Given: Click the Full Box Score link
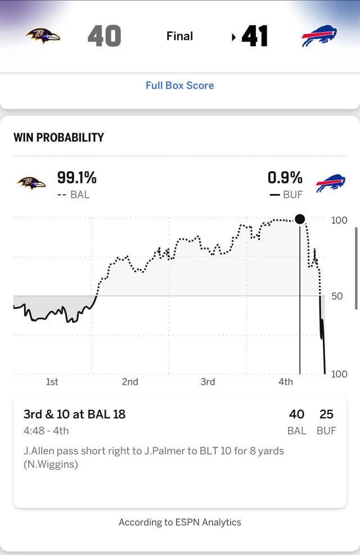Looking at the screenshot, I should [179, 85].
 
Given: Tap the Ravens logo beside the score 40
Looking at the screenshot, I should [43, 37].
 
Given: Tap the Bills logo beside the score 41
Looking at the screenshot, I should [319, 37].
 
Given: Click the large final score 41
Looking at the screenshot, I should [254, 37].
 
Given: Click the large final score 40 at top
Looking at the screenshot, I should [104, 37].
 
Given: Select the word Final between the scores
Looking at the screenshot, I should [179, 36].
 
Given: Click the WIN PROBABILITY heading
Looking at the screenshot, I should [58, 137].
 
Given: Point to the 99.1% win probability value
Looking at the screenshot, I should [76, 178].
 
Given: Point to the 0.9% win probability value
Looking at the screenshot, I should [285, 178].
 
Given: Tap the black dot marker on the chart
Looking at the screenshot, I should [300, 219].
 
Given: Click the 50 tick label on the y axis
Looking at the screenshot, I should [337, 296].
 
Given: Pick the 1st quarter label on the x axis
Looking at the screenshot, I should [52, 382].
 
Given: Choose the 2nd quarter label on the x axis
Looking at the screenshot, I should [130, 382].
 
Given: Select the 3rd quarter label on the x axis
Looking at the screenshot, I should [208, 382].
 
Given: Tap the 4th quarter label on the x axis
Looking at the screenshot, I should [286, 382].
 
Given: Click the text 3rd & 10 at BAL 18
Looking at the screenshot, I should [74, 414].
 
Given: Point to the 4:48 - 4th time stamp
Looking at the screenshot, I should [46, 431].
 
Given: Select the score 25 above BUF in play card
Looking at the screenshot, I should [326, 414].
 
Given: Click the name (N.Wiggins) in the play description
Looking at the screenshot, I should [51, 464].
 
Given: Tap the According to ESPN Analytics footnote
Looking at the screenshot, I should [179, 522].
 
